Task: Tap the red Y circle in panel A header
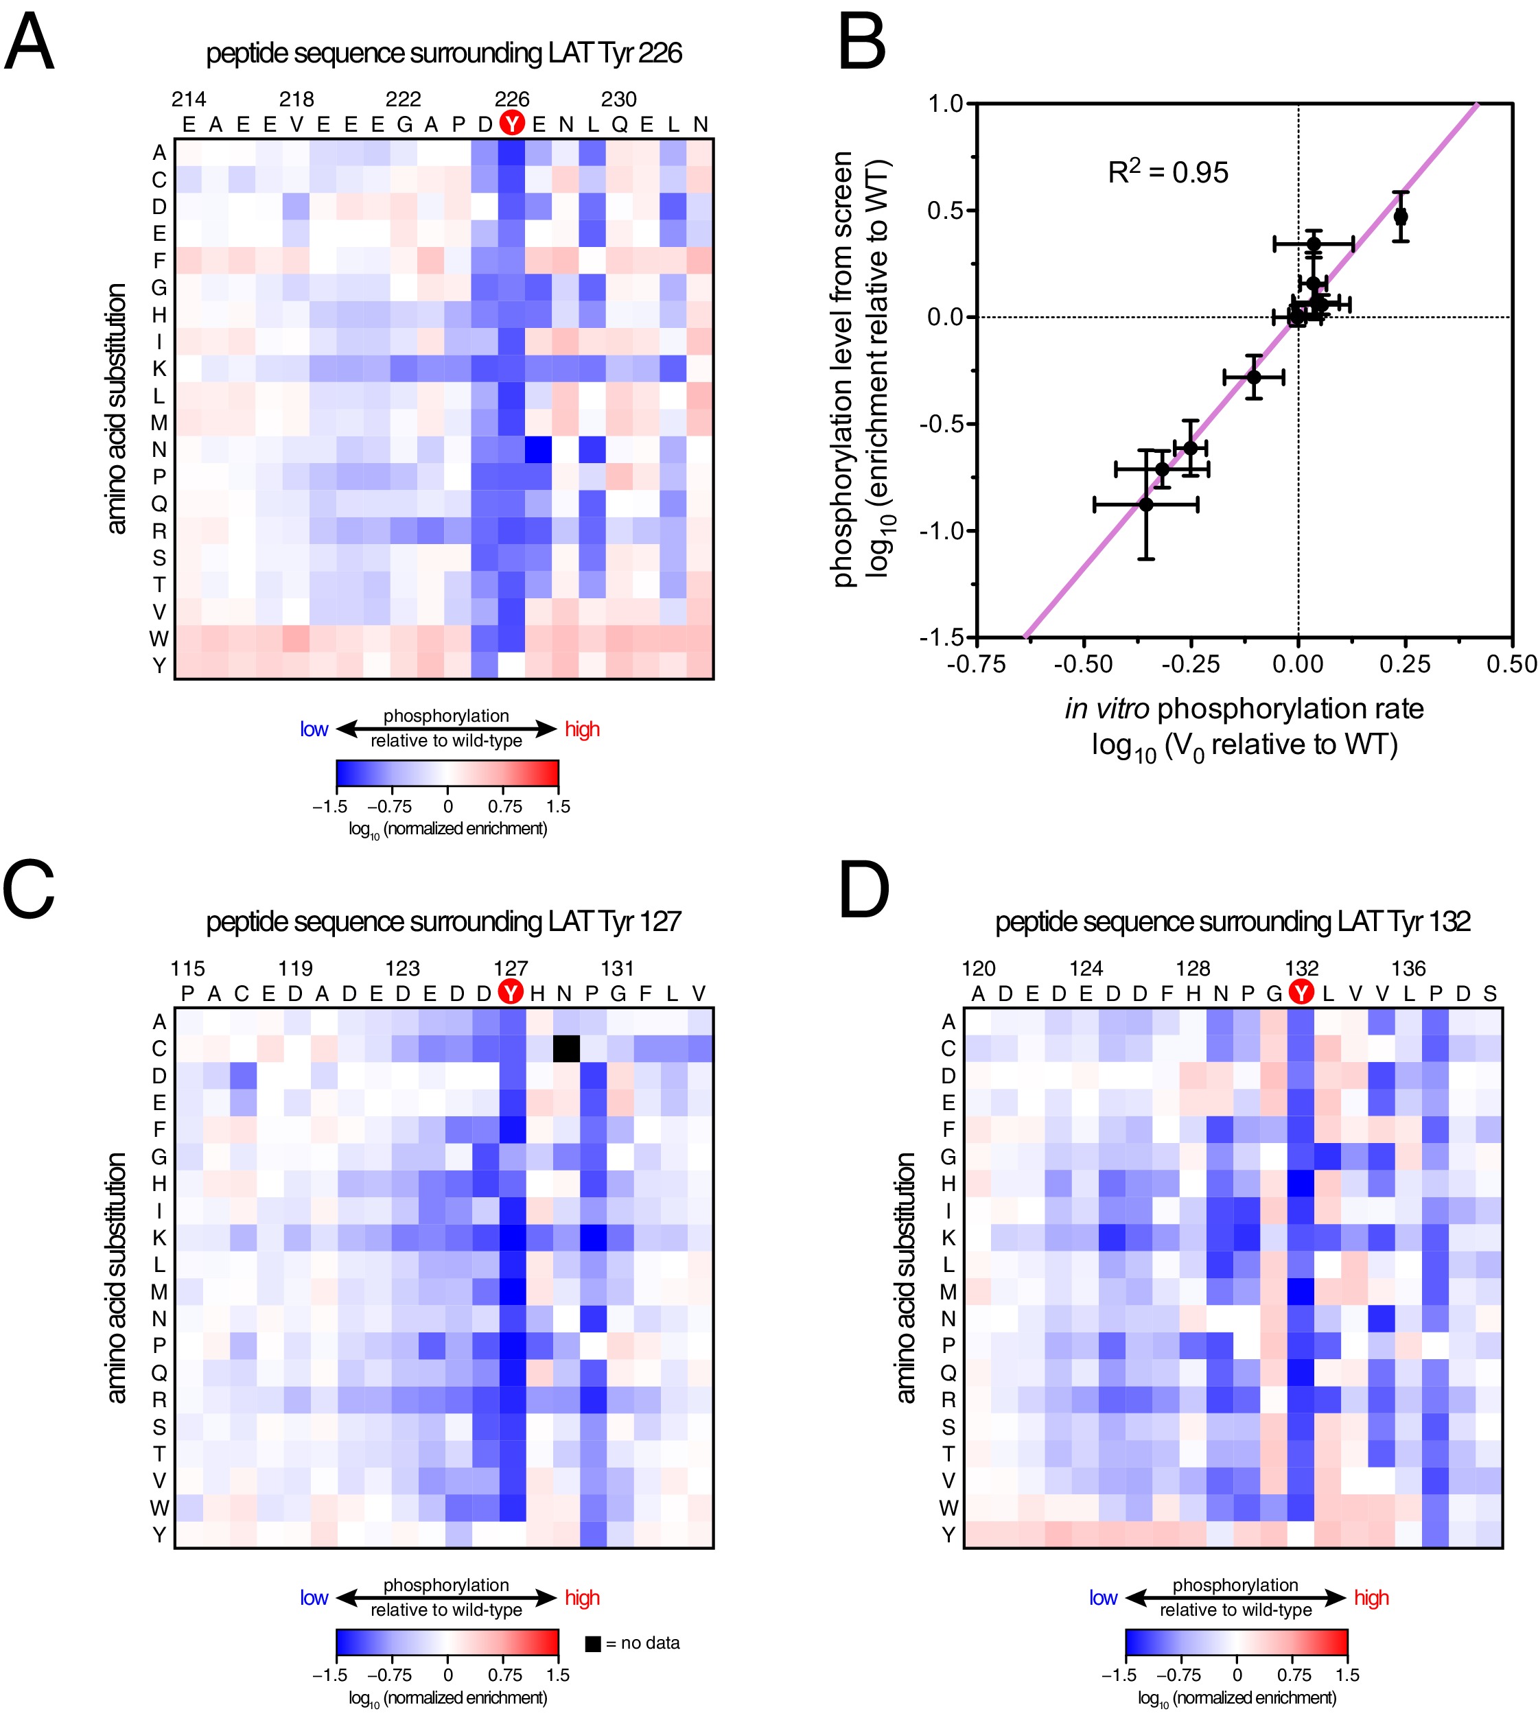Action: coord(511,123)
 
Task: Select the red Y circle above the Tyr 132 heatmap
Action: coord(1301,993)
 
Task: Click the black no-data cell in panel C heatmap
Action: coord(566,1048)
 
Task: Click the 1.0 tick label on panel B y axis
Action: coord(946,104)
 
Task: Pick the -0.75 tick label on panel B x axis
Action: coord(976,664)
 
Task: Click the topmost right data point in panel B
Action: coord(1400,216)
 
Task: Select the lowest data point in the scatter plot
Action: coord(1146,504)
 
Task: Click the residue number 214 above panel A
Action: coord(189,99)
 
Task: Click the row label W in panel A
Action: coord(159,639)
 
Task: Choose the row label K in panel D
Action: coord(948,1238)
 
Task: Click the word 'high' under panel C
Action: coord(582,1597)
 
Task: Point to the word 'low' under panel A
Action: coord(314,729)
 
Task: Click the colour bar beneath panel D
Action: coord(1236,1642)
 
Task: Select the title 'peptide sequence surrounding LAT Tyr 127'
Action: coord(443,921)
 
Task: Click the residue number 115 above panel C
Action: coord(187,968)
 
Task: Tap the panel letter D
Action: coord(863,891)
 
